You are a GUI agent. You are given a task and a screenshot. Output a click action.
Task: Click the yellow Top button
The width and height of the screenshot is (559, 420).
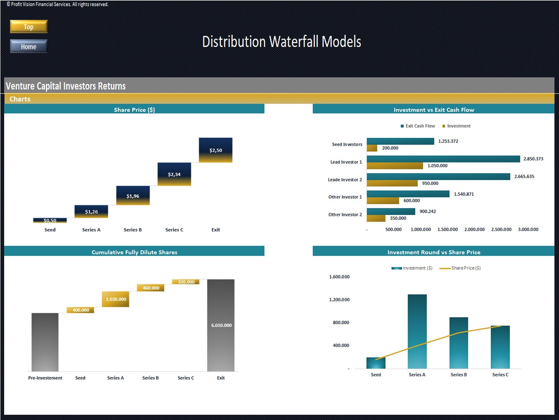coord(29,27)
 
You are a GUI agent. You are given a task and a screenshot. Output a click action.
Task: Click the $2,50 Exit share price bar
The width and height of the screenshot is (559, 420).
coord(215,150)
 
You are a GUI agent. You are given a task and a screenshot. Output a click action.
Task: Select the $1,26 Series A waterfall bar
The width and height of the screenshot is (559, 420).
coord(91,211)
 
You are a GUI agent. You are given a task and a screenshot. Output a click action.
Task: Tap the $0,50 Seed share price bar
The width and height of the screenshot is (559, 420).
coord(50,220)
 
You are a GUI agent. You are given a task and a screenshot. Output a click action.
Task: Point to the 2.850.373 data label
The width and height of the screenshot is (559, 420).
coord(533,159)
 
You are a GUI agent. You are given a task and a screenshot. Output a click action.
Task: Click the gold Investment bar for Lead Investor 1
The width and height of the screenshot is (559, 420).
coord(395,166)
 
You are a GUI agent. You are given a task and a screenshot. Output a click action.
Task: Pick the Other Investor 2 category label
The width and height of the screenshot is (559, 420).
coord(345,214)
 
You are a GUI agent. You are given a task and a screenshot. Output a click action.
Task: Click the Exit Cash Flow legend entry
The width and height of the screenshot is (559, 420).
coord(418,126)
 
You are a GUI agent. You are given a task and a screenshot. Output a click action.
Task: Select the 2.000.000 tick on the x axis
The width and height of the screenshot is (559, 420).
coord(474,229)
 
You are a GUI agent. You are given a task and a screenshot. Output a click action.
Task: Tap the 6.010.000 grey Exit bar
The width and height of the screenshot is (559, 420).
coord(221,325)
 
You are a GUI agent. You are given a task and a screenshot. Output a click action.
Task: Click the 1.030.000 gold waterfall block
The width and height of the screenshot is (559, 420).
coord(115,299)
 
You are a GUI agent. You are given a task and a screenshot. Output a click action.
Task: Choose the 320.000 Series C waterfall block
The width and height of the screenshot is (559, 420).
coord(186,282)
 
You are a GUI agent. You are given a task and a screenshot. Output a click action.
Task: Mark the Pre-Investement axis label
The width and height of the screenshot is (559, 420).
coord(45,378)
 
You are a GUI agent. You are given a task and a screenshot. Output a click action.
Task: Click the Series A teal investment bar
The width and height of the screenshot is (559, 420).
coord(417,331)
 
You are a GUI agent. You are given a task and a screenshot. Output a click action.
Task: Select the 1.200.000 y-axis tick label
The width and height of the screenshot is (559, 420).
coord(339,300)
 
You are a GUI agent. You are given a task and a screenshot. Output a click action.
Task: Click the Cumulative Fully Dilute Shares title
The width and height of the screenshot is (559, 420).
coord(134,252)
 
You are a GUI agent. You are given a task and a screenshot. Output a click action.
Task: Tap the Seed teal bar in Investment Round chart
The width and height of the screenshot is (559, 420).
coord(376,363)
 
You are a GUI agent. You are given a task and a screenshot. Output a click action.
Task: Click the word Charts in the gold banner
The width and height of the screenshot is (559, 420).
coord(20,99)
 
